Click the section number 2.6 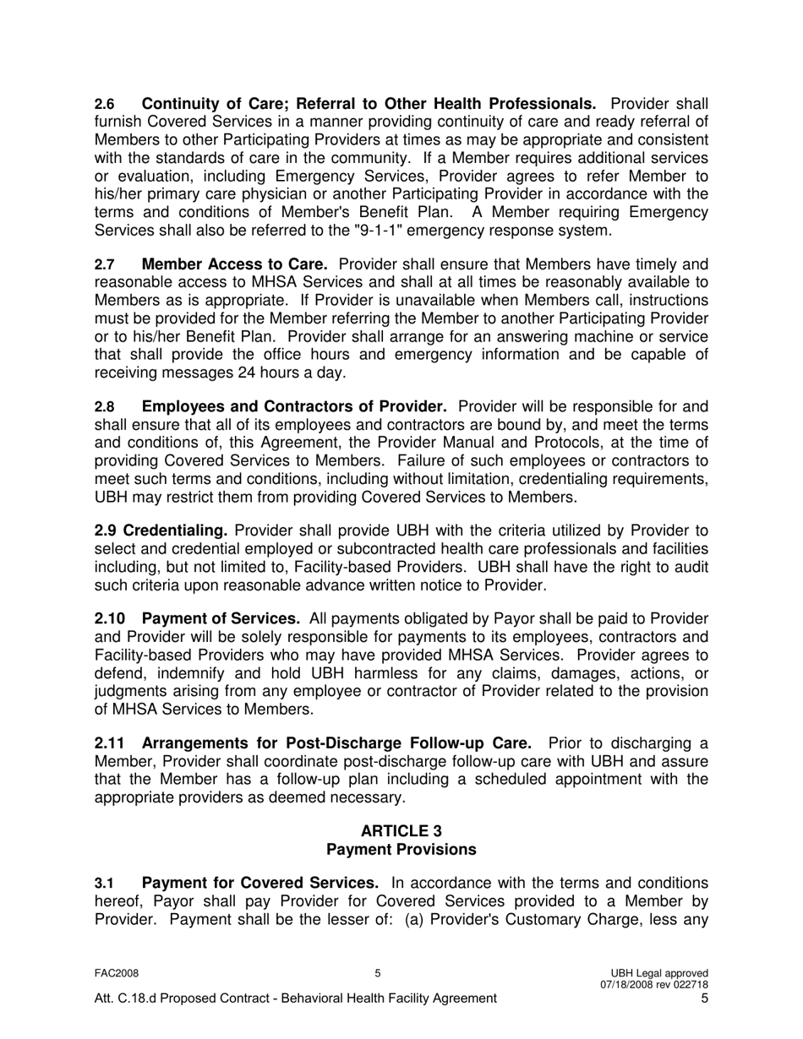coord(104,105)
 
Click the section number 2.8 coord(104,407)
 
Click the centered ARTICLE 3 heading coord(401,831)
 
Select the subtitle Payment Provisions coord(401,849)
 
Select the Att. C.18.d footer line coord(295,998)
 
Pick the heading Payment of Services coord(221,619)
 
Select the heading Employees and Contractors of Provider coord(294,407)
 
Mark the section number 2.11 coord(110,743)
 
